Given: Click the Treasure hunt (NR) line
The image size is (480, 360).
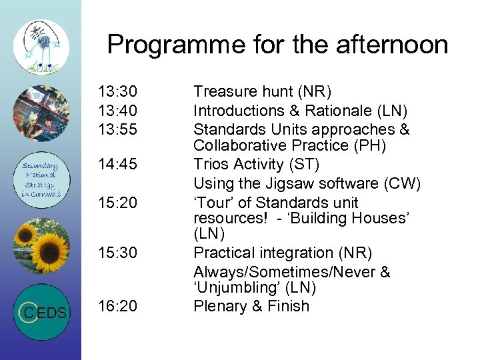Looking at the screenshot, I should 262,91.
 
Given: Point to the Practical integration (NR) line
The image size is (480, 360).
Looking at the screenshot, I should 283,253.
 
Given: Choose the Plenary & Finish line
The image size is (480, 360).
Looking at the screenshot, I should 251,306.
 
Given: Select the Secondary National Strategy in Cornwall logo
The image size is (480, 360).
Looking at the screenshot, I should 41,180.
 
